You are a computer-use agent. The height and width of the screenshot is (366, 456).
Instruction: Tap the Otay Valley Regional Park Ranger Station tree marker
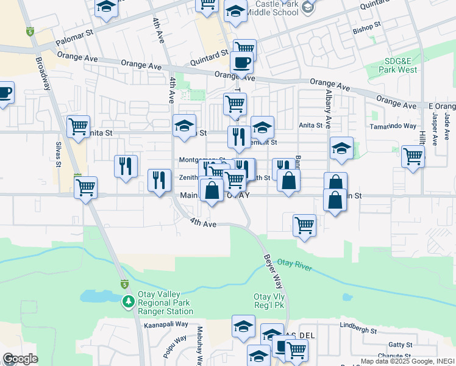click(x=128, y=301)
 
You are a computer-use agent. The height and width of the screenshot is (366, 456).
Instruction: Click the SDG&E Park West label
click(x=400, y=65)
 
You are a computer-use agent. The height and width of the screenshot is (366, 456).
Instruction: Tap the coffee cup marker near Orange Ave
click(x=241, y=62)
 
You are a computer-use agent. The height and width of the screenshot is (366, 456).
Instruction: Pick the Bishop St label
click(x=366, y=27)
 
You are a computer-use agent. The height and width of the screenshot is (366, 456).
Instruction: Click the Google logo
click(x=20, y=359)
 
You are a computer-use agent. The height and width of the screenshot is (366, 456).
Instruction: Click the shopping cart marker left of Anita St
click(x=78, y=126)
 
